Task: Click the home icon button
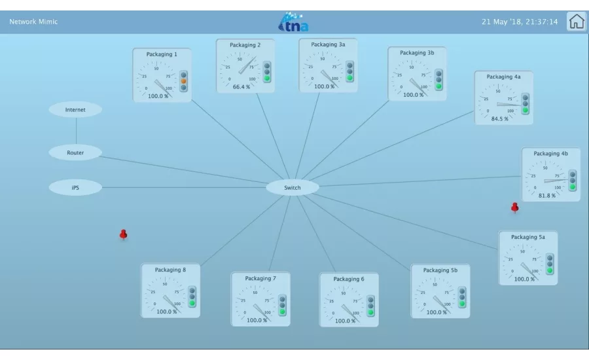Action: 576,22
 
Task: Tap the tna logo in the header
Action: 293,22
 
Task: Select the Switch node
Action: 293,187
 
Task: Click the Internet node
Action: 75,110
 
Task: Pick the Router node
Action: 75,153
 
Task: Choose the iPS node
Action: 75,187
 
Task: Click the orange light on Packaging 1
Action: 183,81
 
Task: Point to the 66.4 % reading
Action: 241,87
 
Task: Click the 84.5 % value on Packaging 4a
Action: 499,118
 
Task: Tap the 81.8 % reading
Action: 547,196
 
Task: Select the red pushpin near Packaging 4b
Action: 514,207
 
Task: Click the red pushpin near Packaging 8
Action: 123,235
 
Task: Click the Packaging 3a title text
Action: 328,45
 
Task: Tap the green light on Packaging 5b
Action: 462,303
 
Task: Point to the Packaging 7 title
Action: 260,278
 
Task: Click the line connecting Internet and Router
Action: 76,131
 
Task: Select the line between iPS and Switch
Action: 184,187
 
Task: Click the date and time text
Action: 520,22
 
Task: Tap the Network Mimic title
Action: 33,22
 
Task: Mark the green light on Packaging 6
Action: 370,312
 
